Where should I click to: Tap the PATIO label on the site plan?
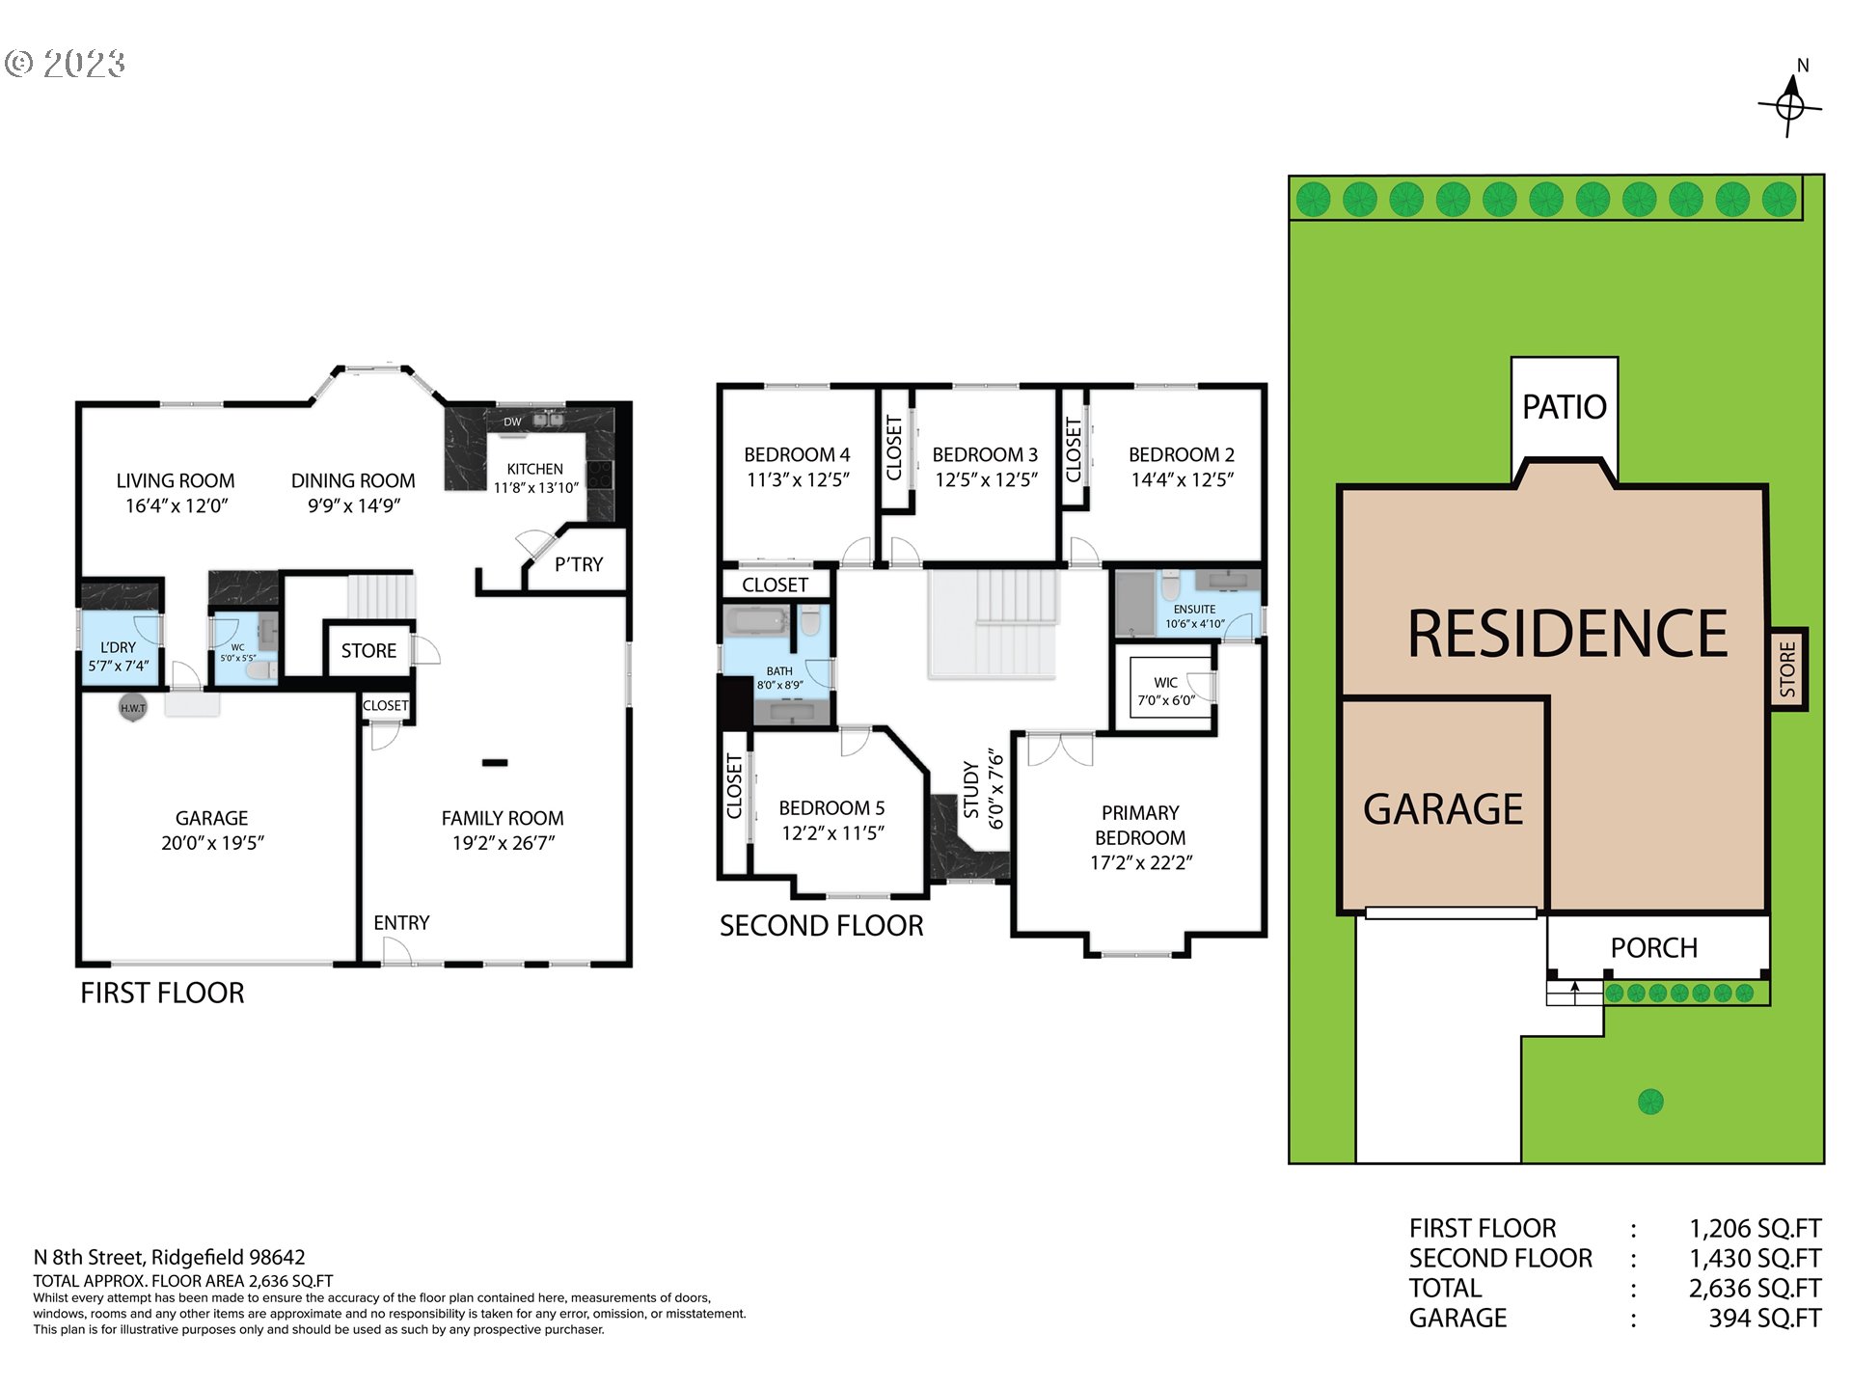click(1564, 406)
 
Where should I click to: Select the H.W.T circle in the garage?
click(132, 707)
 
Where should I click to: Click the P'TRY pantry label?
click(579, 564)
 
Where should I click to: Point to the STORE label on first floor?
click(368, 651)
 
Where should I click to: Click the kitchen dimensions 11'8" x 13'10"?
click(536, 488)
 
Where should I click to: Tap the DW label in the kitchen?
click(512, 422)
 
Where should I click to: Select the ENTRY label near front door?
click(401, 923)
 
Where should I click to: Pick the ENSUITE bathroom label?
click(1194, 610)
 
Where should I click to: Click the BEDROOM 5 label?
click(831, 808)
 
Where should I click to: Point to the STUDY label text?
click(971, 789)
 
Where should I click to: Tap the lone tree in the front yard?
click(1650, 1101)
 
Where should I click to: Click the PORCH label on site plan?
click(1653, 948)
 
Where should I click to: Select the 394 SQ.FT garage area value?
click(1764, 1319)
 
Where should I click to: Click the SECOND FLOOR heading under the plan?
click(821, 926)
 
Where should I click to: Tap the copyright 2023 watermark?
click(66, 65)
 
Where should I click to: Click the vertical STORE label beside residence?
click(1787, 668)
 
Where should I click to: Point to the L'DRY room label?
click(118, 647)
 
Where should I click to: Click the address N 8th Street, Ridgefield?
click(169, 1257)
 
